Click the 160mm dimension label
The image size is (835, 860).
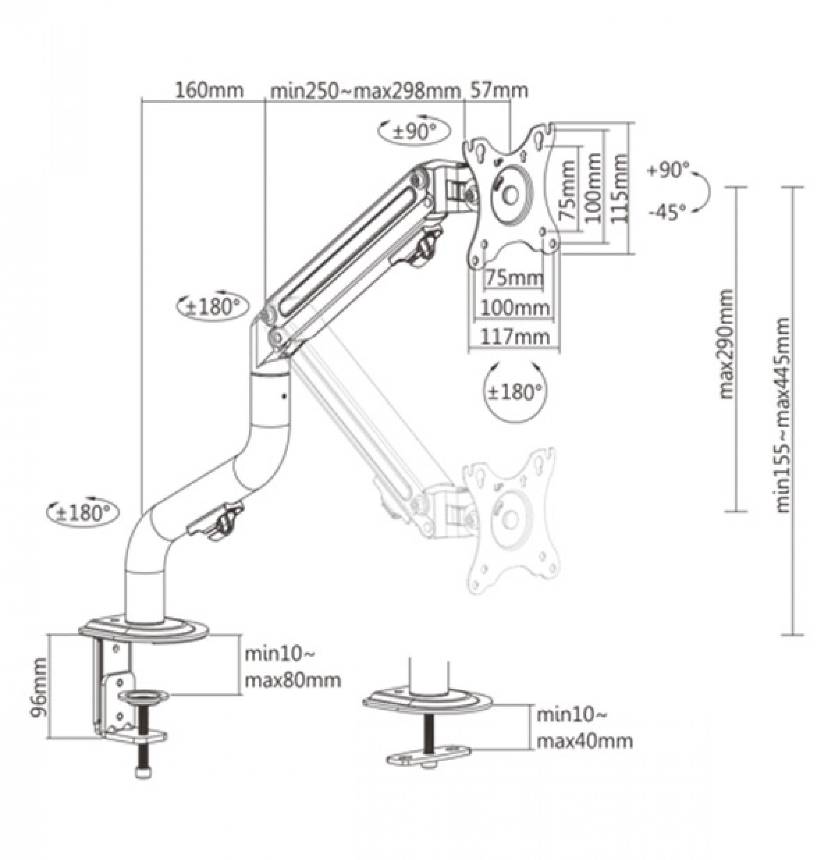point(209,91)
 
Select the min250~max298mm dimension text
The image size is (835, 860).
point(365,91)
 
